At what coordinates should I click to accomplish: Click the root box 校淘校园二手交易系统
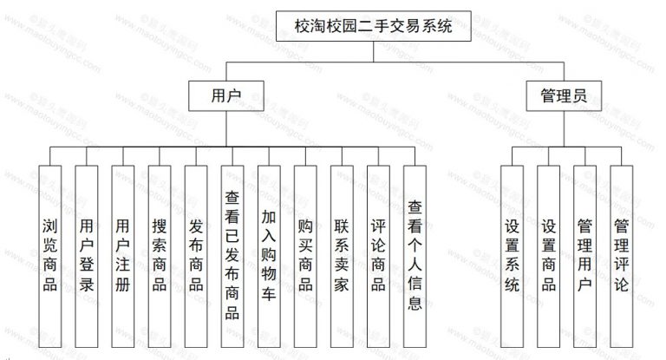363,25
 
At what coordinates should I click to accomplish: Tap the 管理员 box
564,96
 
